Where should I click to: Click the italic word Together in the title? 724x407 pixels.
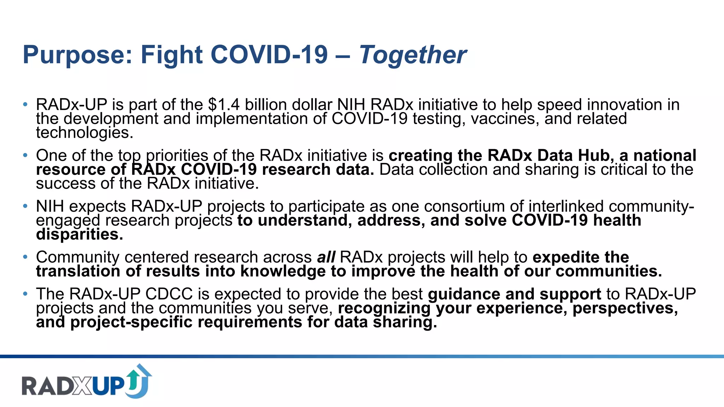[x=413, y=55]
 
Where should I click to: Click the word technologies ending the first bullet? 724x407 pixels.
[x=84, y=133]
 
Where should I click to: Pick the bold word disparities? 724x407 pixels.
[x=80, y=235]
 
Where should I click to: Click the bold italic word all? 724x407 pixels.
[x=326, y=257]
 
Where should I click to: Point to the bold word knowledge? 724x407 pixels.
[x=283, y=271]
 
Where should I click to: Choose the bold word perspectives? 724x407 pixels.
[x=625, y=308]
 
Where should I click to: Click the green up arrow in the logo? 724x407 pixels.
[x=133, y=380]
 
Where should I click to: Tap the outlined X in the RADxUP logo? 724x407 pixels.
[x=82, y=386]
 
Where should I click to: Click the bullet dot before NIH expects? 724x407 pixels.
[x=25, y=206]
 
